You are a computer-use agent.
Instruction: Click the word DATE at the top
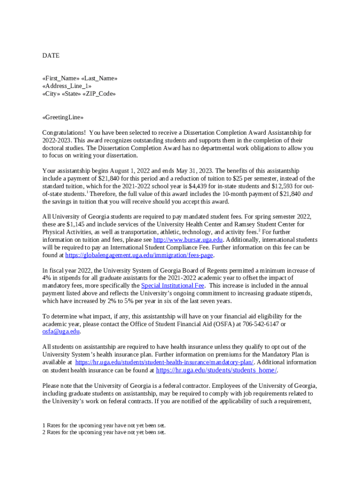[51, 56]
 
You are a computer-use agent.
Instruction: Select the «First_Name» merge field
[61, 78]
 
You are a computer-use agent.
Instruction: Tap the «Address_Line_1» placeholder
[67, 86]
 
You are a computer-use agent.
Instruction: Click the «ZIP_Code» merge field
[99, 94]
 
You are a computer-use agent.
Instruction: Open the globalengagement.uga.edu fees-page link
[139, 255]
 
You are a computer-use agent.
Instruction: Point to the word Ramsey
[243, 224]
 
